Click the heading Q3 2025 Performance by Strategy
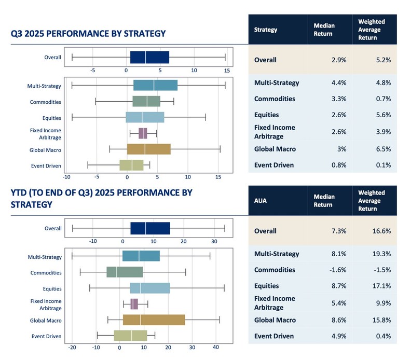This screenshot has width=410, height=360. [88, 34]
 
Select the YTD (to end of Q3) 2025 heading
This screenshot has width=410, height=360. [101, 198]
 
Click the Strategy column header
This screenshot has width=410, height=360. [265, 30]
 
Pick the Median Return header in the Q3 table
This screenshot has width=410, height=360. [324, 30]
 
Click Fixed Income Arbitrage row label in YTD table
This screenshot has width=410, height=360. [275, 303]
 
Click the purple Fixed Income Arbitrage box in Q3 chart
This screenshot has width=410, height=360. [143, 134]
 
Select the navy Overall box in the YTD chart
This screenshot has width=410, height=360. [150, 229]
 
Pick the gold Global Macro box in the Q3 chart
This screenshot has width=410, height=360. [148, 149]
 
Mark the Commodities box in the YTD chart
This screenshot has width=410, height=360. [125, 272]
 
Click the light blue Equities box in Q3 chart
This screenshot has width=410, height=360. [145, 118]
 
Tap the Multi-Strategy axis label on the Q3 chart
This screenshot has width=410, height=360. [45, 86]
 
